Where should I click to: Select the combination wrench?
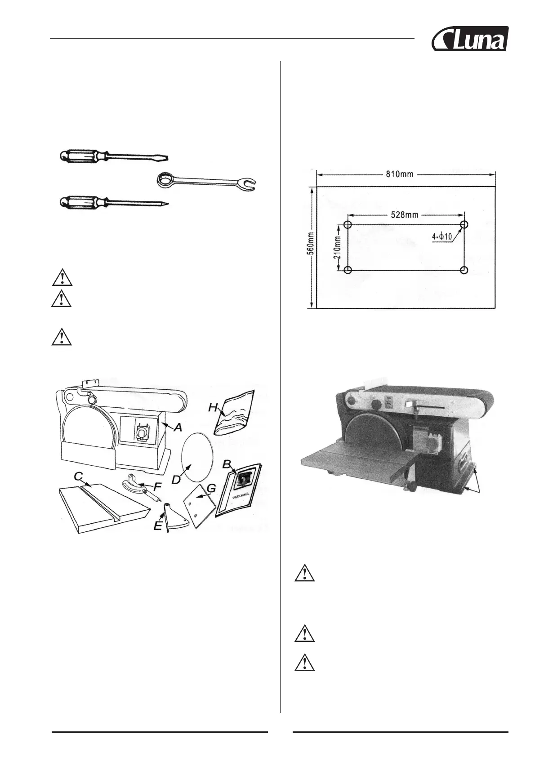pyautogui.click(x=206, y=182)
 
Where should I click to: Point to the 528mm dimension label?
pyautogui.click(x=403, y=215)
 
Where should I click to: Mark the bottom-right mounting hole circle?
pyautogui.click(x=464, y=270)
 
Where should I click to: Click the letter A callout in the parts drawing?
pyautogui.click(x=178, y=427)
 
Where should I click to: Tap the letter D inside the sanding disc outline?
pyautogui.click(x=176, y=479)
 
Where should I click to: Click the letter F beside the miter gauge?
pyautogui.click(x=157, y=486)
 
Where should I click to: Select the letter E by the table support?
pyautogui.click(x=158, y=525)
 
